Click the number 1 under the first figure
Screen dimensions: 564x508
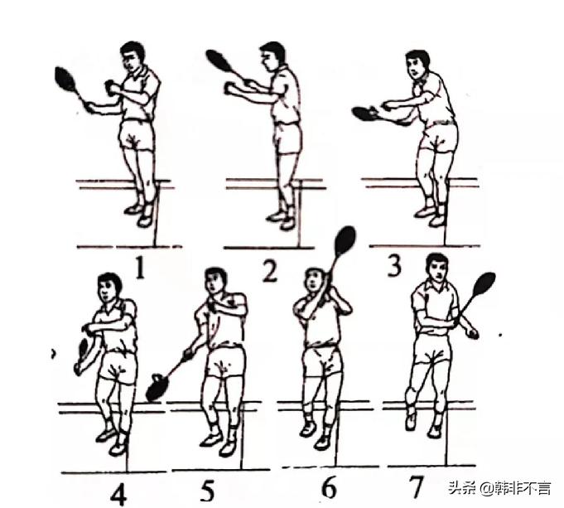tap(141, 269)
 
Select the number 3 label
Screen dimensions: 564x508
tap(394, 266)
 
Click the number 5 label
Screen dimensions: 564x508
tap(208, 491)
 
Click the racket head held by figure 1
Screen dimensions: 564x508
tap(65, 79)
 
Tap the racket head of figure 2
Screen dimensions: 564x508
tap(218, 60)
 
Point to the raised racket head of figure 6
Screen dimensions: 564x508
tap(345, 239)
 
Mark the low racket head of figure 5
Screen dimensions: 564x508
tap(157, 387)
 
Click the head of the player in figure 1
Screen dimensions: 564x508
tap(133, 57)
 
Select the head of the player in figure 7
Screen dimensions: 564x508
tap(436, 267)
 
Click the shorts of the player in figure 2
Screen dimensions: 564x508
tap(287, 138)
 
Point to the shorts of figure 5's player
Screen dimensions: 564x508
tap(224, 361)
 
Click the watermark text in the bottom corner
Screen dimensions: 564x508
tap(499, 488)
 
